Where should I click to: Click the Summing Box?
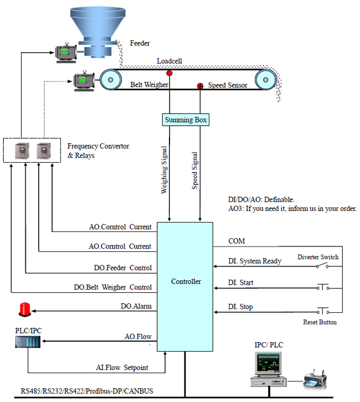click(x=186, y=120)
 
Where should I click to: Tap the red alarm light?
click(x=25, y=310)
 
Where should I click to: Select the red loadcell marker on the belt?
click(x=169, y=73)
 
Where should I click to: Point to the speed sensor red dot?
click(x=200, y=86)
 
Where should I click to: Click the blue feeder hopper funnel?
click(x=97, y=32)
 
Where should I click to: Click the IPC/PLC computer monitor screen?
click(x=269, y=363)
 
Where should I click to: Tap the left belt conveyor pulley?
click(x=111, y=80)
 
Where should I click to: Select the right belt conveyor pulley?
click(x=266, y=80)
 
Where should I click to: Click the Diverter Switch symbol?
click(x=322, y=266)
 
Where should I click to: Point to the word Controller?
click(x=186, y=281)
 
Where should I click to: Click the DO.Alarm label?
click(x=136, y=306)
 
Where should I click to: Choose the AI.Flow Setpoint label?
click(x=122, y=367)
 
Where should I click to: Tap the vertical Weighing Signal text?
click(x=164, y=170)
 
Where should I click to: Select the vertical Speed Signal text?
click(x=195, y=171)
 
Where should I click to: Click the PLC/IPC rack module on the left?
click(x=28, y=342)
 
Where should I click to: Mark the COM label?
click(x=236, y=241)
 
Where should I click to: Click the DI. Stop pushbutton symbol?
click(x=322, y=311)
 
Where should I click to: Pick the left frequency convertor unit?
click(x=22, y=151)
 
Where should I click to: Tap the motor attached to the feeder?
click(x=66, y=53)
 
